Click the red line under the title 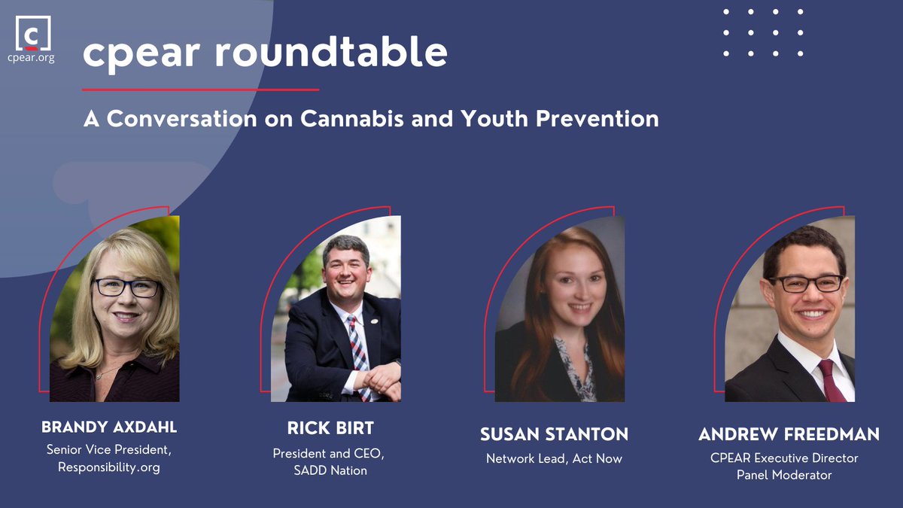(201, 90)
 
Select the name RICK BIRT (330, 428)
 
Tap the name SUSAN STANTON (554, 434)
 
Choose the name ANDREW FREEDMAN (789, 434)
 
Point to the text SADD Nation (330, 470)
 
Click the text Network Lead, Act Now (554, 458)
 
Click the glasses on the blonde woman (126, 287)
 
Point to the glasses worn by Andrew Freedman (805, 284)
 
